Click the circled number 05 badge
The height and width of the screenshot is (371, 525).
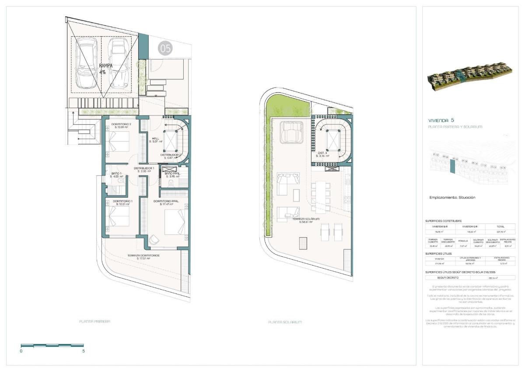pyautogui.click(x=166, y=48)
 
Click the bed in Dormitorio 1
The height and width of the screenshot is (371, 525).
pyautogui.click(x=119, y=219)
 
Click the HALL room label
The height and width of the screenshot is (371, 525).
pyautogui.click(x=155, y=139)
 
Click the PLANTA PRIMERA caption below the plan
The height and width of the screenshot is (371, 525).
pyautogui.click(x=94, y=321)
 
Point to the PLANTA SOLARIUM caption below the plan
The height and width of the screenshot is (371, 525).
pyautogui.click(x=285, y=322)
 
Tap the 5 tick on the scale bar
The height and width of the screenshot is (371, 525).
pyautogui.click(x=84, y=350)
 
